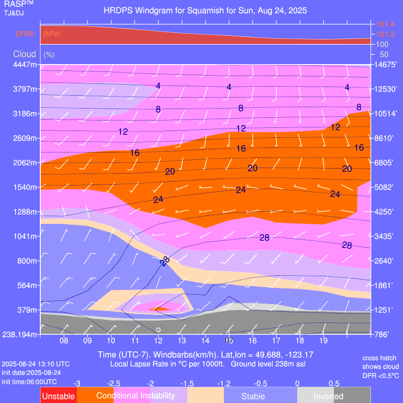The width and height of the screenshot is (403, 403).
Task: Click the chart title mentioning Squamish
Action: (x=205, y=10)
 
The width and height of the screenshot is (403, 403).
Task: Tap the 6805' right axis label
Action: (x=386, y=163)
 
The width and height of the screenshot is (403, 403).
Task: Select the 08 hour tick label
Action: (x=64, y=341)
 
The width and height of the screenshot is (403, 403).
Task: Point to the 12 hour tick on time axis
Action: (x=158, y=341)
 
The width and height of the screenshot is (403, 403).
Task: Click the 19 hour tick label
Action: (x=323, y=341)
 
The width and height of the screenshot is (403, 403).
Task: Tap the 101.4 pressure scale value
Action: (x=386, y=24)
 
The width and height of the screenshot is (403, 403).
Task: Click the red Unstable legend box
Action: (x=59, y=396)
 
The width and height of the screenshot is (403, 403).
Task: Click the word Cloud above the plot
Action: (x=24, y=54)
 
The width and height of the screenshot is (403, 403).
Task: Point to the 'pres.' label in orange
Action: (x=26, y=33)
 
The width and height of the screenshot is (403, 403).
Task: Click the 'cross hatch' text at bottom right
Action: (x=379, y=358)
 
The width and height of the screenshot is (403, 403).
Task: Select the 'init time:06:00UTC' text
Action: (x=29, y=381)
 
